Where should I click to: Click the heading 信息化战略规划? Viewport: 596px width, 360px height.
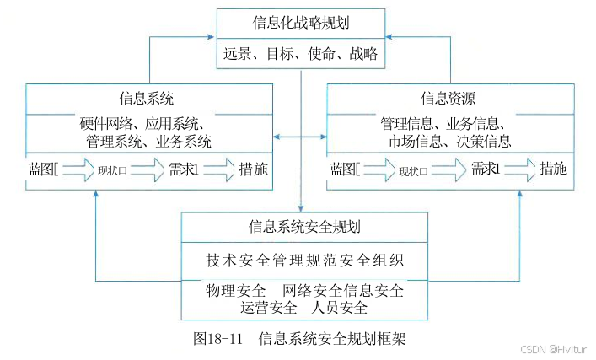click(301, 21)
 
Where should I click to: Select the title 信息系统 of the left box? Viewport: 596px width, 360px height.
click(148, 98)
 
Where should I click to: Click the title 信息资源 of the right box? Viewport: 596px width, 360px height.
click(450, 98)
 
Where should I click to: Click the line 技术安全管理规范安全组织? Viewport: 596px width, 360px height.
click(303, 259)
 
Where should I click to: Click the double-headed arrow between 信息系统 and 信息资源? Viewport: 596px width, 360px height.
click(301, 137)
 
